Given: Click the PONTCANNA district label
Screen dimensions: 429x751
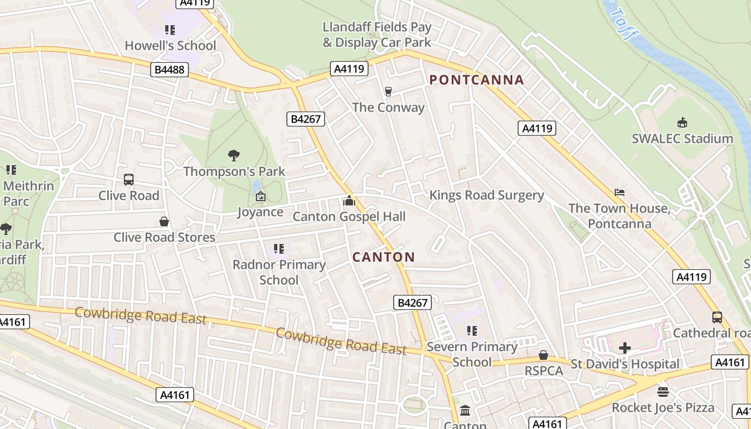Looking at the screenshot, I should click(x=476, y=80).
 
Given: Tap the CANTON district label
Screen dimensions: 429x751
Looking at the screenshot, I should click(x=384, y=257).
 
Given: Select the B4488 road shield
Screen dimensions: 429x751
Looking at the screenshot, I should click(x=169, y=69).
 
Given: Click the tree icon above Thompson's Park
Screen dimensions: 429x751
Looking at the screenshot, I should click(x=233, y=156).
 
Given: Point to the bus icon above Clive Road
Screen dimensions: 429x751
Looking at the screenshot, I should click(x=129, y=180).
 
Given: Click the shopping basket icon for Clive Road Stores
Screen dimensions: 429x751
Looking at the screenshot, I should click(x=164, y=221).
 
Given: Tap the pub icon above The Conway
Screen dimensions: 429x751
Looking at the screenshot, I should click(x=388, y=92).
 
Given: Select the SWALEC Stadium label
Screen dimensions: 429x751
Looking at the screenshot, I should click(x=682, y=139).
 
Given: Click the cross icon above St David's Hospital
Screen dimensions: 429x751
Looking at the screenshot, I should click(x=624, y=348).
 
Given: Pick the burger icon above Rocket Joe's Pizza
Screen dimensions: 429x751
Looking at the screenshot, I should click(x=663, y=391).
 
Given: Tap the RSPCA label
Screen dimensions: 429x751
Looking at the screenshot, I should click(x=543, y=371).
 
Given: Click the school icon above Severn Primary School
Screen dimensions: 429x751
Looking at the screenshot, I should click(x=472, y=331).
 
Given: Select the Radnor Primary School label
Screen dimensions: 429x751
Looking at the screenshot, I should click(x=279, y=272).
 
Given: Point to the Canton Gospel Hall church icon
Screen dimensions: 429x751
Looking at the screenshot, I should click(x=349, y=201).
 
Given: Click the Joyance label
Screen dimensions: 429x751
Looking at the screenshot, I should click(x=260, y=212).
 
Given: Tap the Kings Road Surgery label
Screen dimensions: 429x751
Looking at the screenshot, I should click(x=487, y=195).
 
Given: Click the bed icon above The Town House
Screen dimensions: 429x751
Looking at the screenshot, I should click(x=620, y=193).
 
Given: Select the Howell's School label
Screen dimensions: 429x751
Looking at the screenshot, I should click(x=170, y=46).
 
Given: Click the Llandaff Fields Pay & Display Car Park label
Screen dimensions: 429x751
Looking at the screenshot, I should click(x=377, y=34).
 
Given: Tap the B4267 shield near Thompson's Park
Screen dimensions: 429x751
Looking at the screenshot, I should click(x=306, y=119).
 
